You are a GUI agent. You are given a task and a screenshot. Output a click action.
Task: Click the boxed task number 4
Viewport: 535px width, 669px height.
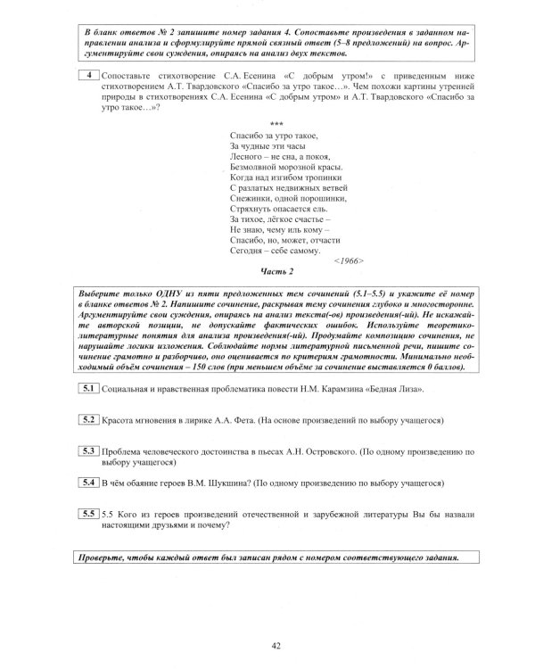point(89,76)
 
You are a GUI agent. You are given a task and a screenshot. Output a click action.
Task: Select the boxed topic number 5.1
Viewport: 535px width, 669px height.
point(88,414)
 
